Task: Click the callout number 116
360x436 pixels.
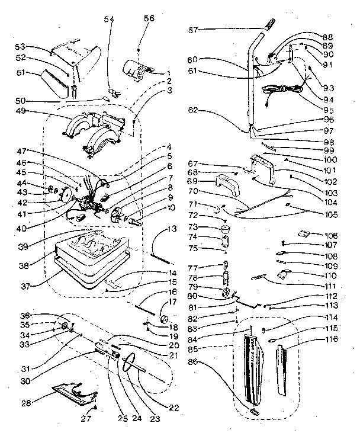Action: click(331, 339)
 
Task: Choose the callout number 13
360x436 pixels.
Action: click(173, 229)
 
